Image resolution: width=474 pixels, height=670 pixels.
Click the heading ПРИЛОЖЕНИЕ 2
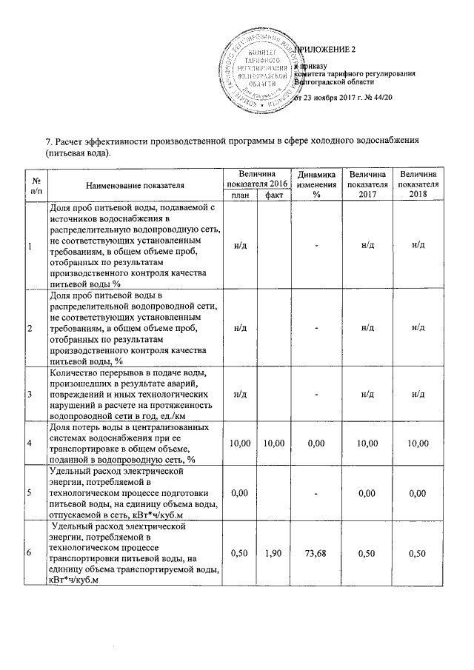pos(326,50)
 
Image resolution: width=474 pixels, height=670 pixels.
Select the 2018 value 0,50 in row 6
pos(418,552)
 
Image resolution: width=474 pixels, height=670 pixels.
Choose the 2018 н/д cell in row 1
pos(418,245)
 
